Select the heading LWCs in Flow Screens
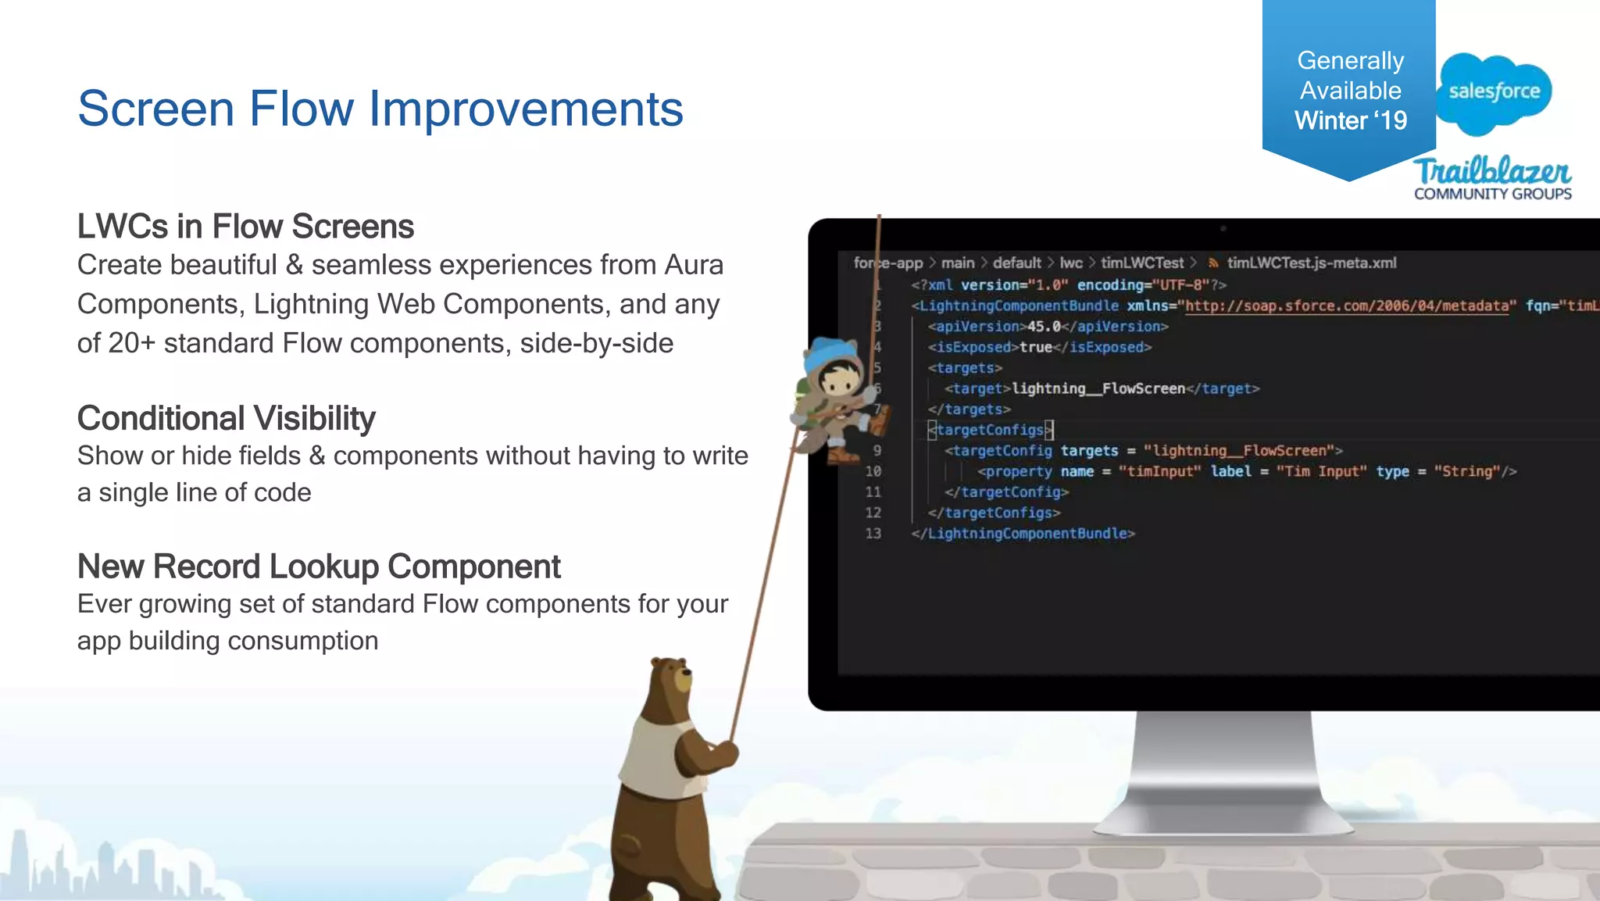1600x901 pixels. click(245, 227)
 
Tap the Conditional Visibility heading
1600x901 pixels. click(226, 419)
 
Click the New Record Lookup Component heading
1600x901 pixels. click(319, 567)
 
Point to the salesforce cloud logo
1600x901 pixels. click(1494, 91)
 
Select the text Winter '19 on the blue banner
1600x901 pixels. click(1350, 120)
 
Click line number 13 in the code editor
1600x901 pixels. click(873, 534)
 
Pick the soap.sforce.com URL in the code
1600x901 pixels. click(1347, 306)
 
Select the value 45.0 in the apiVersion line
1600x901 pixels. click(1044, 327)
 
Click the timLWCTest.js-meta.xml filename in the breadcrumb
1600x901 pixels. click(1311, 263)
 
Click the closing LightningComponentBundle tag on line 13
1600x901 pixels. click(1023, 534)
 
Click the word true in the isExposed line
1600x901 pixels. click(1036, 347)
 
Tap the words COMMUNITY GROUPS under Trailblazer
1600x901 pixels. click(1492, 194)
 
